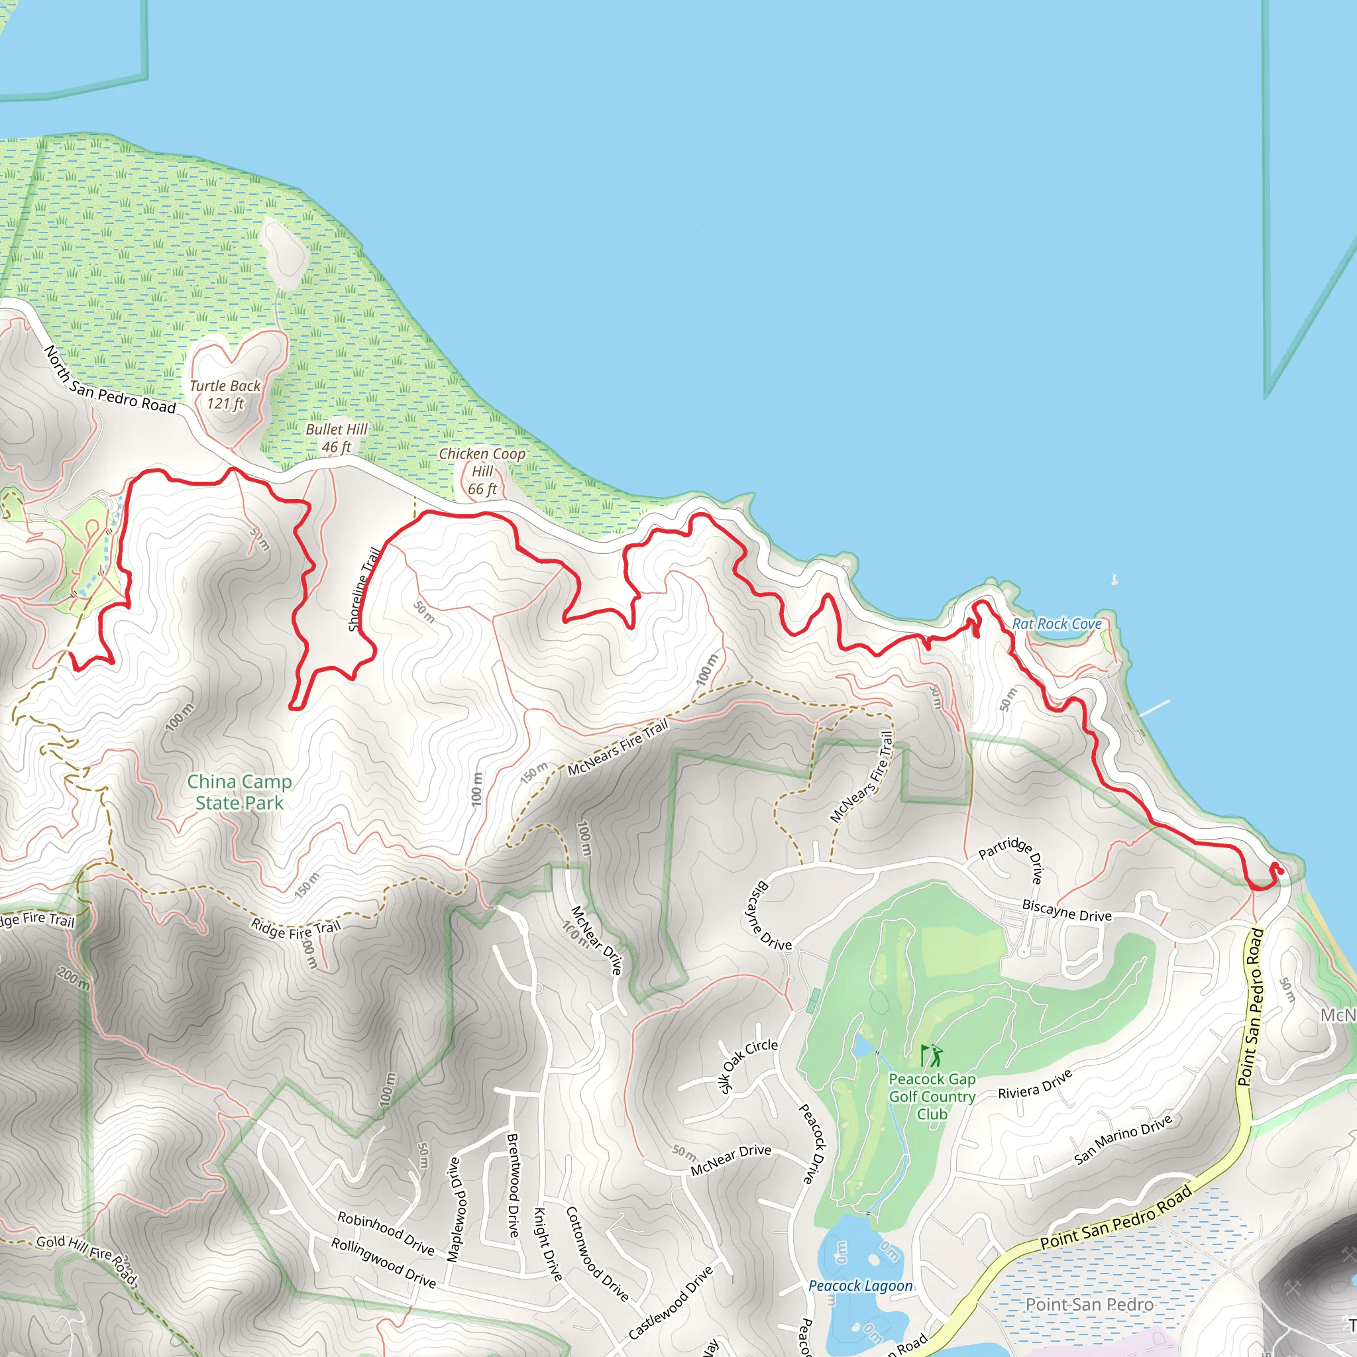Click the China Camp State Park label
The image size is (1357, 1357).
pos(239,792)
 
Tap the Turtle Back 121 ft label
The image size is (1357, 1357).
pos(225,394)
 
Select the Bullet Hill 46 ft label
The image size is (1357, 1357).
pos(337,437)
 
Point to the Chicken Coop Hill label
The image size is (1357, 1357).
pos(482,470)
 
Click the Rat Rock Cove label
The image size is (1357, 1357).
pos(1056,624)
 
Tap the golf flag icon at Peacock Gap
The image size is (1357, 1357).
pos(932,1055)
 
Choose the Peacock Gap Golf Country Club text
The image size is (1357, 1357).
pos(932,1096)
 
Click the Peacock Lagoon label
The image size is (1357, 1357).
pos(861,1285)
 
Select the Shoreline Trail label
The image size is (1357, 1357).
pos(364,589)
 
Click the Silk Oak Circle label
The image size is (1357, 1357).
pos(749,1065)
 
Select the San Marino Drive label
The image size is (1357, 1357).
pos(1122,1139)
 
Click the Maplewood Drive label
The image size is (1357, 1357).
pos(454,1209)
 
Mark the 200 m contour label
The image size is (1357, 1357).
pos(72,978)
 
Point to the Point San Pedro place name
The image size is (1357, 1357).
pos(1089,1304)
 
